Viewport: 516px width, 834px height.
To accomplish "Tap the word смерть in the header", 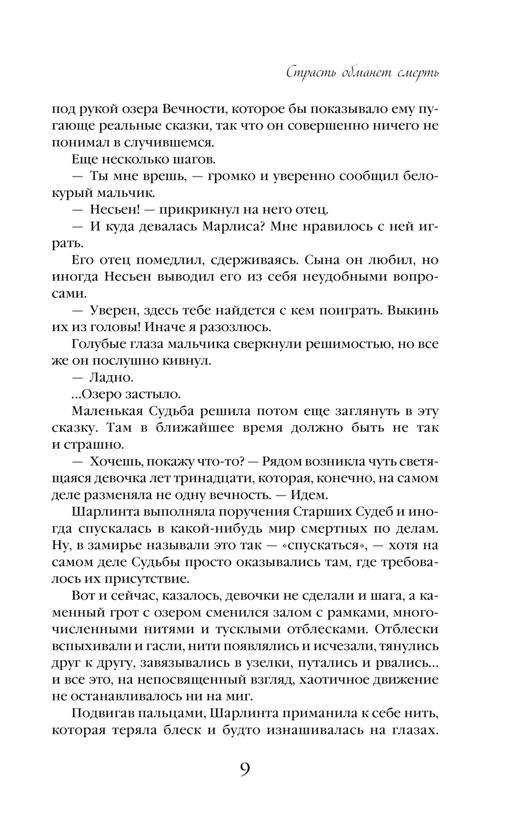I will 418,72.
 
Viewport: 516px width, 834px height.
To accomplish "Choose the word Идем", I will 309,494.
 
